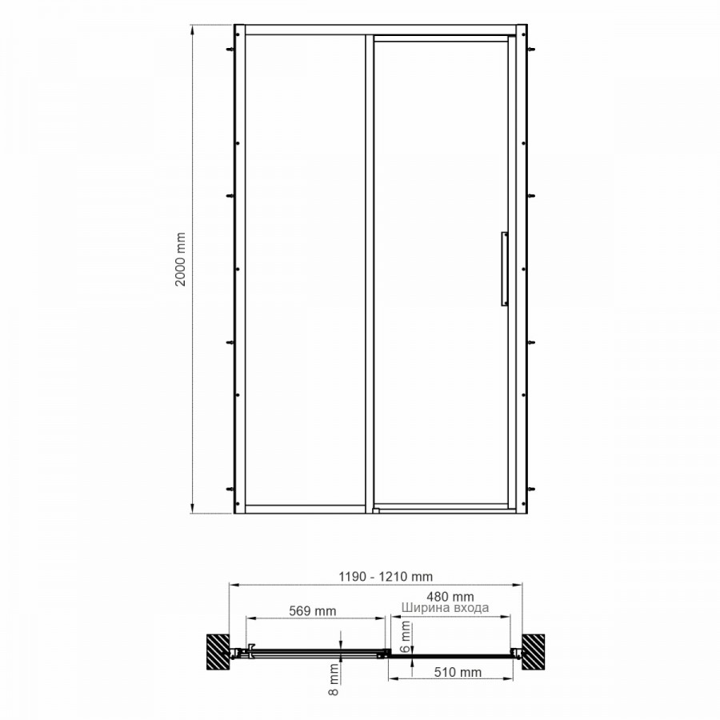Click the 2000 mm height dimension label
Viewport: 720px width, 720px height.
(x=181, y=259)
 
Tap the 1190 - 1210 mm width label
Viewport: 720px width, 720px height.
(x=386, y=576)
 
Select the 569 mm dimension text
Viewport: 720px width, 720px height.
(x=312, y=611)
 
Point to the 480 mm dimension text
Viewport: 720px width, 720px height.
(x=450, y=597)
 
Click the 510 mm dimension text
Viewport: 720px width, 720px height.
(x=458, y=672)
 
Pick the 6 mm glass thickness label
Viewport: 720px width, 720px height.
(x=406, y=637)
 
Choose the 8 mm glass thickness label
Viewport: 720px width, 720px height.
(x=334, y=679)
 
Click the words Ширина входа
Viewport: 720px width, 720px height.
(x=445, y=608)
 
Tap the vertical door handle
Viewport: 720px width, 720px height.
(x=504, y=269)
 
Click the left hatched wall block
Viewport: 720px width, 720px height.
(x=218, y=652)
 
